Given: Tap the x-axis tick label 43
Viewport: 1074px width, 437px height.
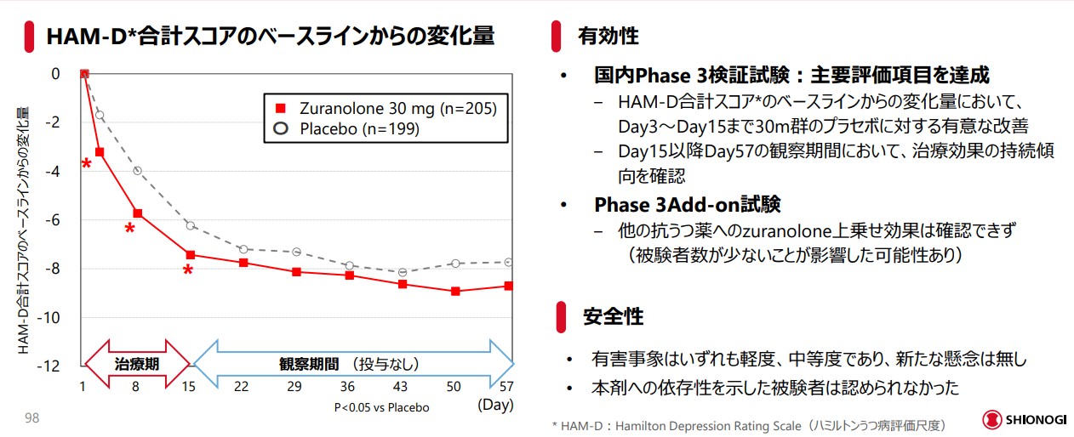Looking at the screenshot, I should (x=401, y=387).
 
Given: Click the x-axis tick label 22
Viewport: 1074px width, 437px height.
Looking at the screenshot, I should (x=243, y=387).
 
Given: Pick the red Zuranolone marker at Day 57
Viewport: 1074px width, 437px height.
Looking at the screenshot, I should (x=508, y=286).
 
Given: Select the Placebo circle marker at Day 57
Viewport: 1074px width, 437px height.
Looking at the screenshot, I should (x=508, y=263).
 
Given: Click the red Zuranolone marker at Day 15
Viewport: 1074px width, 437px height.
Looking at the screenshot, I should (x=190, y=254).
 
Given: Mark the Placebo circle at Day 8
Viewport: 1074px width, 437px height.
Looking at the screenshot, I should (x=137, y=171).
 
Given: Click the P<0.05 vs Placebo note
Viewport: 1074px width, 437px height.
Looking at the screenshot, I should (x=381, y=407).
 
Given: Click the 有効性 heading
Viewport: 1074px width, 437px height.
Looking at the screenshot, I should (x=608, y=36).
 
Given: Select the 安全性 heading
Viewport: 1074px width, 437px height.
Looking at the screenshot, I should (x=613, y=317).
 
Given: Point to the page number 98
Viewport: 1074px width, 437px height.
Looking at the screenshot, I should (x=31, y=417).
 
